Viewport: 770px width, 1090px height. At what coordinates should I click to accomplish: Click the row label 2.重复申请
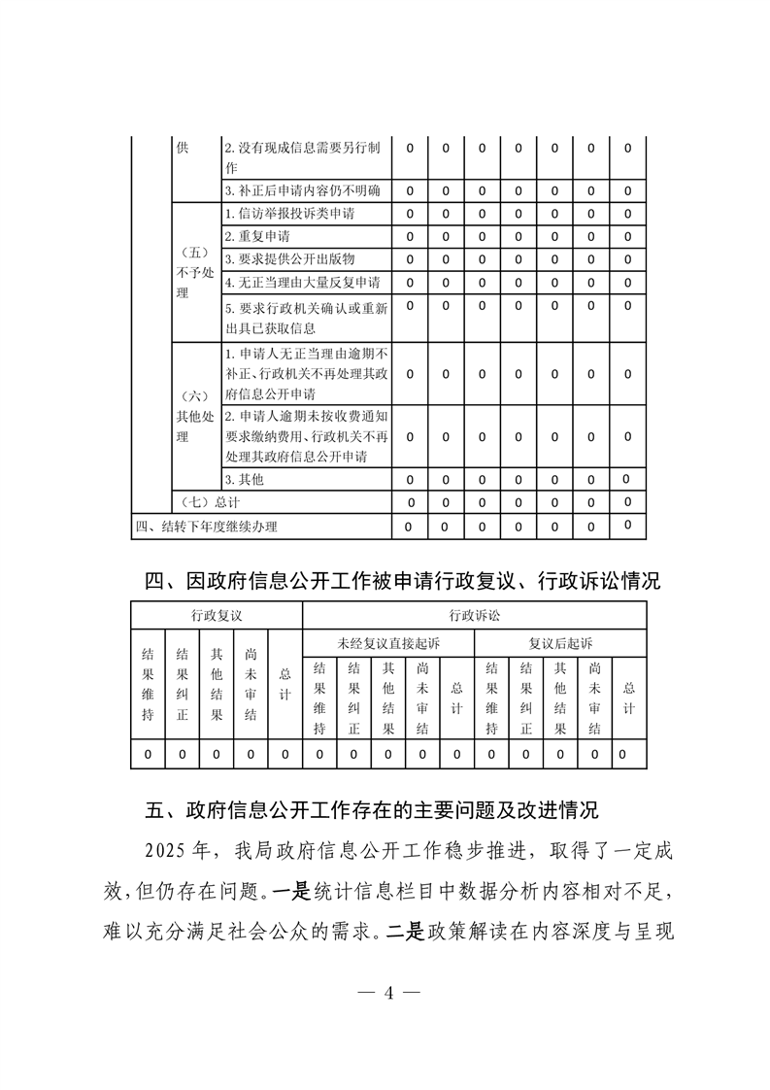click(257, 236)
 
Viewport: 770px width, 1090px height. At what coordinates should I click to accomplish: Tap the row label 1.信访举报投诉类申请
click(295, 214)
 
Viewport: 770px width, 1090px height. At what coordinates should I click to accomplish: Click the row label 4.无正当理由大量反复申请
click(301, 283)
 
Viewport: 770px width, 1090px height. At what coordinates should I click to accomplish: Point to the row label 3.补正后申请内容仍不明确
click(302, 190)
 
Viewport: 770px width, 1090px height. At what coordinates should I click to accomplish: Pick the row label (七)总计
click(210, 502)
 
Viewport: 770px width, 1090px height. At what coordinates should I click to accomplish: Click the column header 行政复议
click(217, 615)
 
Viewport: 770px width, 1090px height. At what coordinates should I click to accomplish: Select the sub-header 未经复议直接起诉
click(388, 643)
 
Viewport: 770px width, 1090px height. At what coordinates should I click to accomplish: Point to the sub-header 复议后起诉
click(560, 643)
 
